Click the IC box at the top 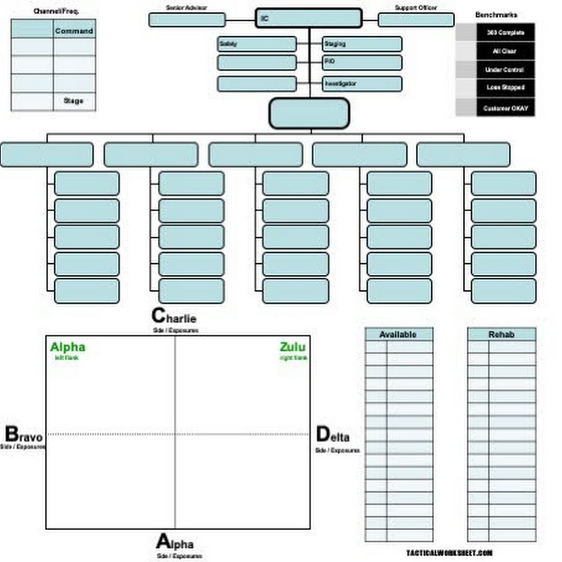click(308, 19)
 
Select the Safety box click(257, 44)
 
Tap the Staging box click(362, 44)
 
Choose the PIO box click(362, 62)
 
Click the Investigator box click(362, 84)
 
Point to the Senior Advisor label click(187, 7)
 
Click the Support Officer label click(416, 7)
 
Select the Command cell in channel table click(74, 31)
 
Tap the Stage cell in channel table click(74, 101)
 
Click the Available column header click(398, 335)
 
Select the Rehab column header click(501, 335)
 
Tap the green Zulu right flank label click(293, 348)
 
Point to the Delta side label click(333, 435)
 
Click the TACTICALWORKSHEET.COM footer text click(450, 553)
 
